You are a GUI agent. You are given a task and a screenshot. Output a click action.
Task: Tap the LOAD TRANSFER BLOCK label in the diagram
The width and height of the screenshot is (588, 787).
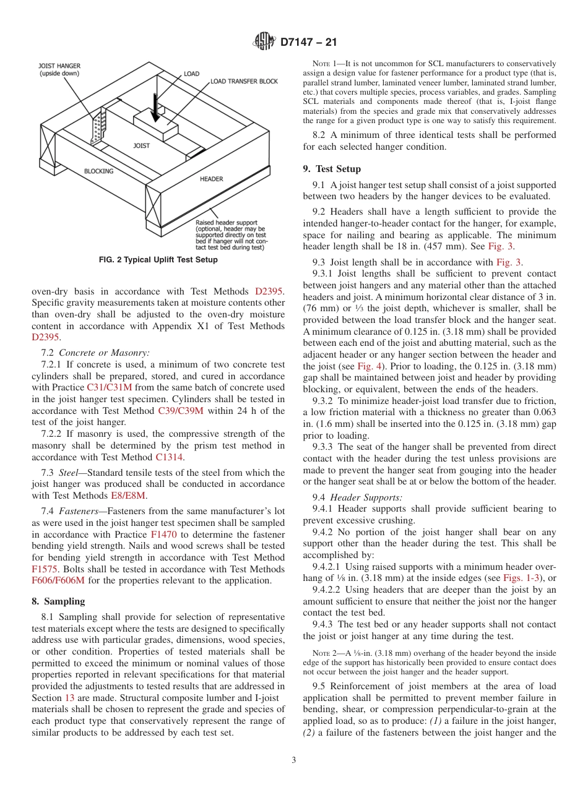pos(244,81)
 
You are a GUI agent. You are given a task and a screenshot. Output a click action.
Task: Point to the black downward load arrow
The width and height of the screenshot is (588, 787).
pos(155,105)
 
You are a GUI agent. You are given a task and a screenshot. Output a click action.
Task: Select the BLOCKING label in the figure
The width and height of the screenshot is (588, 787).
pos(99,171)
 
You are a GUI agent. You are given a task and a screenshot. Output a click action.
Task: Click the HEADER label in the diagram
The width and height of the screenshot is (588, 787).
pos(211,179)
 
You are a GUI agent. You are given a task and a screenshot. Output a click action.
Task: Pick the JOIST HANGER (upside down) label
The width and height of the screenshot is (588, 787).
pos(59,69)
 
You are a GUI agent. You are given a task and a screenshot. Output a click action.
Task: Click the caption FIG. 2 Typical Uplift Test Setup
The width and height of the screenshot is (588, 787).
pos(158,260)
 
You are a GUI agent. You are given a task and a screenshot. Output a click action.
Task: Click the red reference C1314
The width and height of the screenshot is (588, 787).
pos(170,457)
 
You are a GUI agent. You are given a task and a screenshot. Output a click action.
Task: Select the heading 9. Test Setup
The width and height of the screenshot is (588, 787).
pos(332,169)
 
